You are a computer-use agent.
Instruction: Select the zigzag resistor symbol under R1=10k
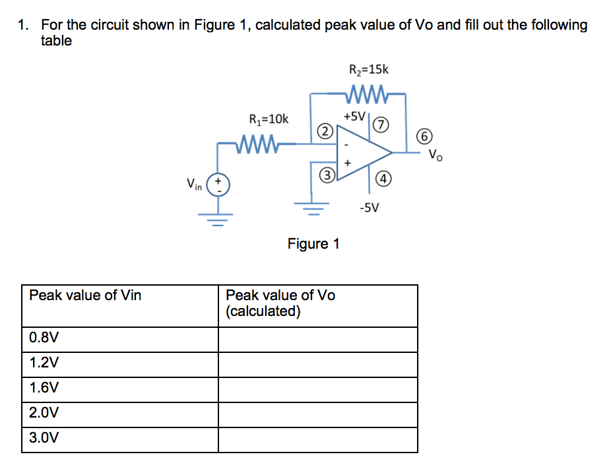pos(260,142)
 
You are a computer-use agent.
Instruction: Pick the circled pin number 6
pos(426,137)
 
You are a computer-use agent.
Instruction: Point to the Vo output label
pos(436,156)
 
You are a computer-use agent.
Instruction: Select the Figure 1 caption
pos(313,244)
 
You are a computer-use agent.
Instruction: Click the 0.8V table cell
pos(119,339)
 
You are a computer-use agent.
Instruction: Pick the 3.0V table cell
pos(119,439)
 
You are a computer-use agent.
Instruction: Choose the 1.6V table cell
pos(119,389)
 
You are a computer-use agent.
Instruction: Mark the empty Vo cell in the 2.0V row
pos(317,414)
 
